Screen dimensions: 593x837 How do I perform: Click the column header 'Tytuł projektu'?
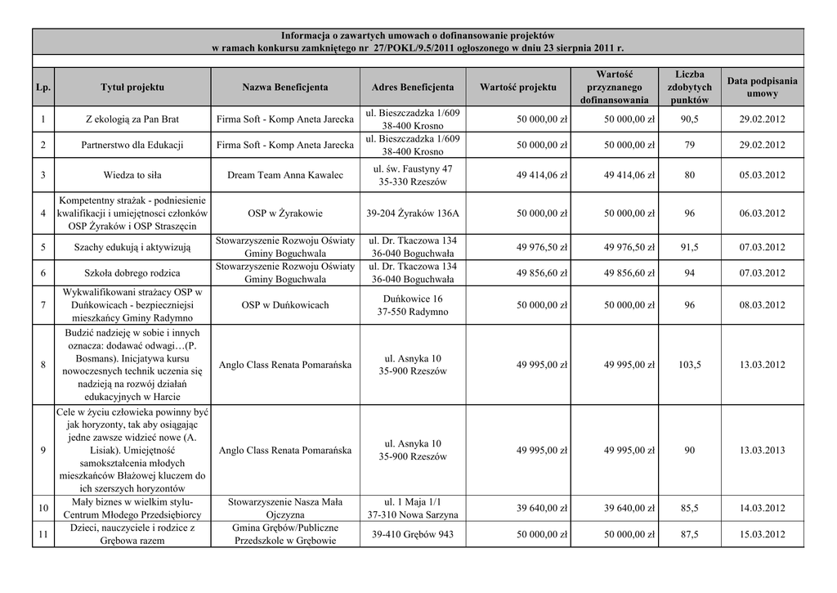132,87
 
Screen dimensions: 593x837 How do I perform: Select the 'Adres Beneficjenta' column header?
413,87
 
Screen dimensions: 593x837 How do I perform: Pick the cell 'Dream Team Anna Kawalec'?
285,174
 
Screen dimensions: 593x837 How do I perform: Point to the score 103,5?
689,365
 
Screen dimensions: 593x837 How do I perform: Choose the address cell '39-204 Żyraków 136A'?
413,213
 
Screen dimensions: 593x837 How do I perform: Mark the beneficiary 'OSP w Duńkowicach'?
285,305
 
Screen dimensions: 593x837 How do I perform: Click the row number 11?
42,535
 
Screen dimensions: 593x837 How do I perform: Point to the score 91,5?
689,248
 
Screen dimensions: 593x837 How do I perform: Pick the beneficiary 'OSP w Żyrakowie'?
285,213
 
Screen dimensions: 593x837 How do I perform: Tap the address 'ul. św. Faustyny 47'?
413,168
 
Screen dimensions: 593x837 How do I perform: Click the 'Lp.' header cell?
42,87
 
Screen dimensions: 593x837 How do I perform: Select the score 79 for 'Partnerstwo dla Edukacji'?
689,145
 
